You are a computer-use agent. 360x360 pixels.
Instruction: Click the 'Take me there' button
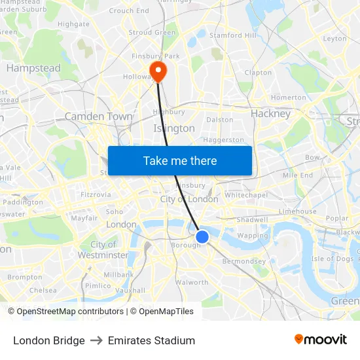tap(180, 160)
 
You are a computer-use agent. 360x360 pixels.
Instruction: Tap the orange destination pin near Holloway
tap(158, 70)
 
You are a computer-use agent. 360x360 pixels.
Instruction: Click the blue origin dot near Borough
tap(202, 236)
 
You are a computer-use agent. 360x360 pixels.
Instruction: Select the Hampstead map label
tap(33, 68)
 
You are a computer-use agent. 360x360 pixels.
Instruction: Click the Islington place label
tap(174, 128)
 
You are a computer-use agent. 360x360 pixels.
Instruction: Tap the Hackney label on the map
tap(270, 113)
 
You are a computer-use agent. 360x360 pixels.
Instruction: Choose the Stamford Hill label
tap(233, 35)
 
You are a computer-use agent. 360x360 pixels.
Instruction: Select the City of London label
tap(189, 199)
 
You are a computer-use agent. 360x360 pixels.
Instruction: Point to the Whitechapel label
tap(246, 195)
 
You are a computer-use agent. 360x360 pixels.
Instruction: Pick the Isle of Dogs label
tap(333, 259)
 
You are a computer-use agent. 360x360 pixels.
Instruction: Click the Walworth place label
tap(192, 283)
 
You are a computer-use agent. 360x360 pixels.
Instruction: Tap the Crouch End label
tap(129, 10)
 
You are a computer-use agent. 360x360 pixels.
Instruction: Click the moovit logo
tap(320, 340)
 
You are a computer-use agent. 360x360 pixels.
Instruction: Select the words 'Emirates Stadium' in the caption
tap(151, 340)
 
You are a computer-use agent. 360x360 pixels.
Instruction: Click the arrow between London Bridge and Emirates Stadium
tap(96, 340)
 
